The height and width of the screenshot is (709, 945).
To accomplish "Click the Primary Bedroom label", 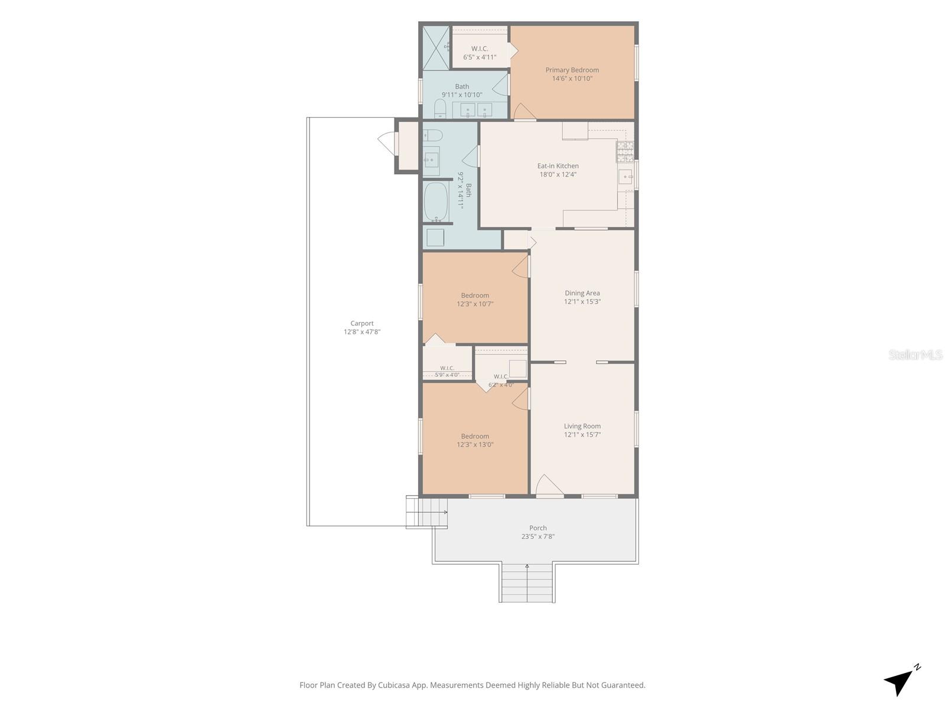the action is tap(572, 70).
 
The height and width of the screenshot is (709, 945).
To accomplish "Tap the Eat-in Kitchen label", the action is tap(558, 166).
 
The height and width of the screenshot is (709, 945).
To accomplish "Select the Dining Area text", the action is tap(582, 293).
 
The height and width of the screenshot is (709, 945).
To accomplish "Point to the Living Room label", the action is tap(582, 426).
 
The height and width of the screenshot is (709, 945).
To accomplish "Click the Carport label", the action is tap(361, 323).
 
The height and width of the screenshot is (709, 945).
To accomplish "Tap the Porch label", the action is tap(537, 528).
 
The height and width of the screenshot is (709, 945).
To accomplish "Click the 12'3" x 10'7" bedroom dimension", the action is tap(475, 304).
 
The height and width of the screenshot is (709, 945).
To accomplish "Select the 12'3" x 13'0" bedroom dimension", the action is tap(475, 445).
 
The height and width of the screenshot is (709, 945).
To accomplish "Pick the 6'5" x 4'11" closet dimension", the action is tap(480, 57).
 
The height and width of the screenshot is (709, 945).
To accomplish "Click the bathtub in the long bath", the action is tap(436, 201).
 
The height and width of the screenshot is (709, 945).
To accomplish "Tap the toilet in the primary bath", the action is tap(440, 109).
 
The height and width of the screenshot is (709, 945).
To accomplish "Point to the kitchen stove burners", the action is tap(625, 152).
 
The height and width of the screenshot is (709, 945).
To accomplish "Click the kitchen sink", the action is tap(625, 177).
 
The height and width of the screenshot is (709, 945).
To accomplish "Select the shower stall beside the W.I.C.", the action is tap(436, 48).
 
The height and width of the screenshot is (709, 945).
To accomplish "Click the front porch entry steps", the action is tap(527, 583).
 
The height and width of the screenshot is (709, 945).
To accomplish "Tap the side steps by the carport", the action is tap(426, 512).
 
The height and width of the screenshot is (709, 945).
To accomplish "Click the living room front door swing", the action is tap(549, 485).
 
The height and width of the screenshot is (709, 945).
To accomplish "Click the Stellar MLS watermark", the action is tap(915, 355).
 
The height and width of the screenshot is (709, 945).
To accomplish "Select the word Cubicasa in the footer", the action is tap(394, 685).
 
